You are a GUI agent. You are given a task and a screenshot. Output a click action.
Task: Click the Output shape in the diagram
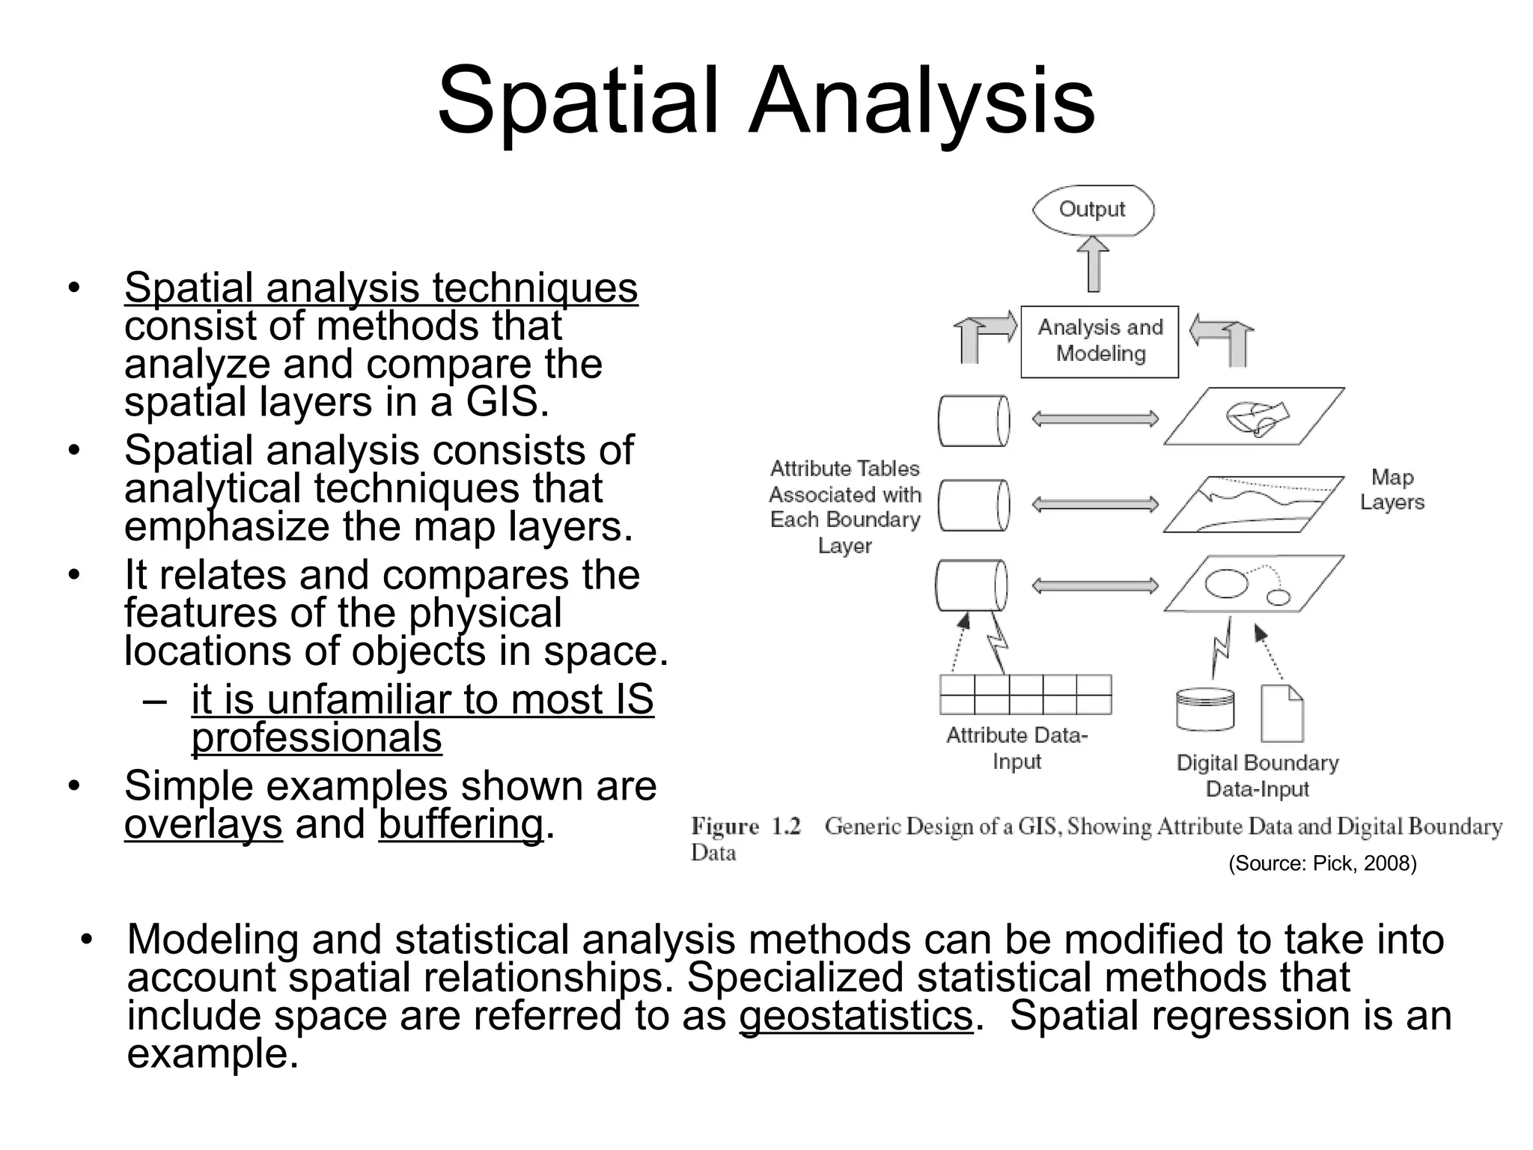tap(1093, 210)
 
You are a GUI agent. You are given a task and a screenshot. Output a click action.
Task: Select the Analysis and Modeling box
tap(1100, 341)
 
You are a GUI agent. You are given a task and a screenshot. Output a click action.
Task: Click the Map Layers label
tap(1392, 490)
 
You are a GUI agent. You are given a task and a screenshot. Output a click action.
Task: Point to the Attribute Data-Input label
tap(1017, 748)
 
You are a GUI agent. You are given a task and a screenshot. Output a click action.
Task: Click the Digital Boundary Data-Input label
tap(1258, 776)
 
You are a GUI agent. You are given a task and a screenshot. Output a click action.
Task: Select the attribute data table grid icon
tap(1025, 695)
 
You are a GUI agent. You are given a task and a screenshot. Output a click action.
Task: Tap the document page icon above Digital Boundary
tap(1281, 713)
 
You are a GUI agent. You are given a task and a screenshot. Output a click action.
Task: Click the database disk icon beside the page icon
tap(1205, 709)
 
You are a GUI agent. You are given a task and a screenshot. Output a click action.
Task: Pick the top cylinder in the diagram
tap(974, 422)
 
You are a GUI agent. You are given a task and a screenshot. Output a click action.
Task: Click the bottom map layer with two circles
tap(1254, 583)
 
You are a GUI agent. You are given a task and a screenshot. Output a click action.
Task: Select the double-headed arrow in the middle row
tap(1095, 505)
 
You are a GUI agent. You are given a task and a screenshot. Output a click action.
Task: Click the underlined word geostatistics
tap(856, 1016)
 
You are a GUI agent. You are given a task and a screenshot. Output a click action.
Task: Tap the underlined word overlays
tap(204, 824)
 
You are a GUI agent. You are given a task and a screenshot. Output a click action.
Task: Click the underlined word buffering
tap(460, 824)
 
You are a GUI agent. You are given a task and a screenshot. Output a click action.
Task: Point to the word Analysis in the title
tap(922, 101)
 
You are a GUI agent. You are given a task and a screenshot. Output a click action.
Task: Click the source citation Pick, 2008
tap(1323, 863)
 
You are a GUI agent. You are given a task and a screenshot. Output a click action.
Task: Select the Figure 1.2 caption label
tap(746, 827)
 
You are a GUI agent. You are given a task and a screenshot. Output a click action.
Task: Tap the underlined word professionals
tap(317, 737)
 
